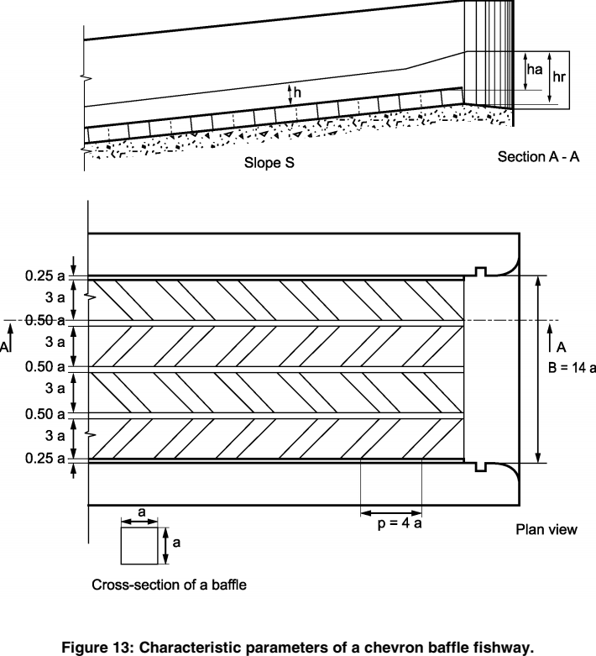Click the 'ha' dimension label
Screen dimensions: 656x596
coord(533,71)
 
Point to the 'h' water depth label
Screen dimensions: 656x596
coord(298,93)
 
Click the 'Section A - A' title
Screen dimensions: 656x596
coord(531,157)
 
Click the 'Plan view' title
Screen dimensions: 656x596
coord(546,529)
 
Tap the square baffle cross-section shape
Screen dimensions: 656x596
coord(139,546)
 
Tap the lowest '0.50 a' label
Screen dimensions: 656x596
coord(46,412)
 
